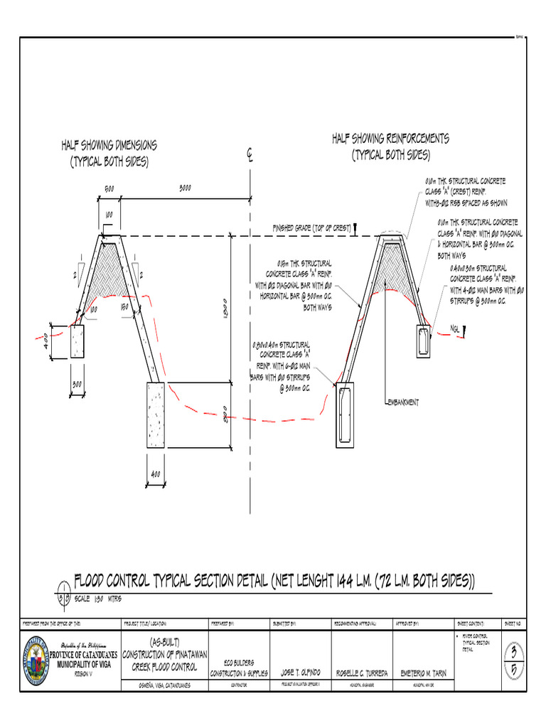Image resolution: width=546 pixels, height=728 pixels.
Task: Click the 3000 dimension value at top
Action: coord(185,188)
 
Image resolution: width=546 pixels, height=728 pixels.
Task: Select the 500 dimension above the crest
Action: coord(109,189)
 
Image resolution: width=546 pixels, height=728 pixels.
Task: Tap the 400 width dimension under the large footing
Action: coord(156,474)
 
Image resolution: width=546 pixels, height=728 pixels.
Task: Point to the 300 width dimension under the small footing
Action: coord(77,384)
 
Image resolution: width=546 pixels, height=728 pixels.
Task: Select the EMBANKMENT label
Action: coord(402,402)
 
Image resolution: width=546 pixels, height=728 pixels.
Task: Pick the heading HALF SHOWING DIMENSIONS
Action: coord(109,153)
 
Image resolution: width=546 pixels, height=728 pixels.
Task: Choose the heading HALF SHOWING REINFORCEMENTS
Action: coord(390,146)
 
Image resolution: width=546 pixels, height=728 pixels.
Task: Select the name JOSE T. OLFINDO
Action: coord(301,672)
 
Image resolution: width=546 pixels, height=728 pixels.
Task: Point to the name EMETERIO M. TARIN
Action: coord(424,672)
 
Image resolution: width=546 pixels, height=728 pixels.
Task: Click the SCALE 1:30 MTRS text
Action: coord(98,598)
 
